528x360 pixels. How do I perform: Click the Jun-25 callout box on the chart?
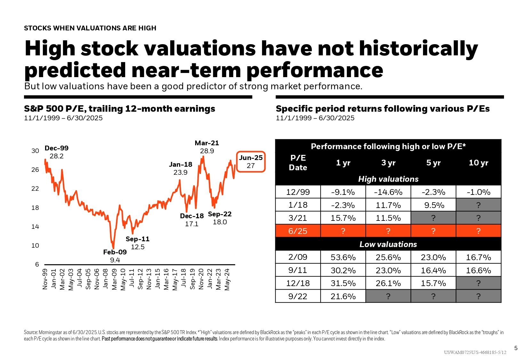click(x=251, y=162)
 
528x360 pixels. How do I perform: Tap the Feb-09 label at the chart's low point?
click(x=115, y=256)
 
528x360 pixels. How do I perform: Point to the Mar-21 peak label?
click(x=207, y=147)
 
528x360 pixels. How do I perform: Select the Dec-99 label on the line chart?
click(x=56, y=152)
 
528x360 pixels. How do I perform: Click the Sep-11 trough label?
click(x=138, y=243)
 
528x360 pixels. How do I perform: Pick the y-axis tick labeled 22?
click(x=35, y=188)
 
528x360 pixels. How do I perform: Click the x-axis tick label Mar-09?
click(x=114, y=279)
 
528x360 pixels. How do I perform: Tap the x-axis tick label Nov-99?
click(x=45, y=279)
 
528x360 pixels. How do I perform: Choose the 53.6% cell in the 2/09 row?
click(x=343, y=257)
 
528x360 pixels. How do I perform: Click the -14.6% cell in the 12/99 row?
click(x=388, y=192)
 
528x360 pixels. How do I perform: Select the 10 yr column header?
click(x=478, y=163)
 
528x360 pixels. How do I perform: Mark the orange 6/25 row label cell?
click(x=298, y=231)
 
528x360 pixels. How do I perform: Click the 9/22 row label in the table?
click(x=298, y=296)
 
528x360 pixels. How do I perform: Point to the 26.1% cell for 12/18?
click(x=388, y=283)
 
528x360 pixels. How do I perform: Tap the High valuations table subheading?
click(x=388, y=179)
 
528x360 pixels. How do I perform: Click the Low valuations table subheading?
click(x=388, y=244)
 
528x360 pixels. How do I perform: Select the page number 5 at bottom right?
click(x=516, y=348)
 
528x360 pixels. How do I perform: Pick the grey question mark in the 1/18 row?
click(x=478, y=205)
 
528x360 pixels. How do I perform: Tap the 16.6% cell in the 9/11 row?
click(x=478, y=270)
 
